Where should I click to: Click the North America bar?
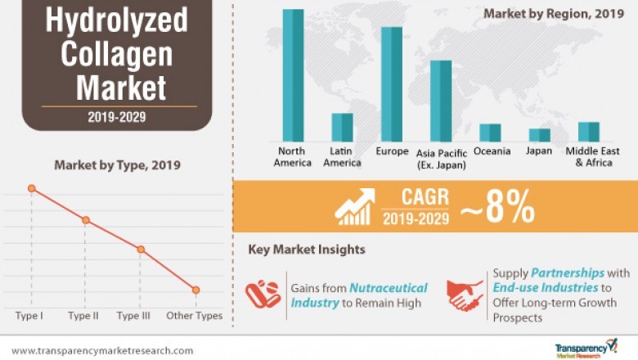[x=294, y=75]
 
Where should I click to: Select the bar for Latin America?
[x=342, y=128]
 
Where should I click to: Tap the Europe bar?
[x=391, y=84]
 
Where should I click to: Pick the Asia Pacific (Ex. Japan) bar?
[x=441, y=101]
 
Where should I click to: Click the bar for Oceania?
[x=490, y=133]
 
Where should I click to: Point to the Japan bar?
[x=540, y=135]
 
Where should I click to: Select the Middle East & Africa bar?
[x=589, y=132]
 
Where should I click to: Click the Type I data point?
[x=32, y=188]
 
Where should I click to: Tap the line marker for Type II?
[x=85, y=220]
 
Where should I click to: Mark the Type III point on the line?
[x=141, y=249]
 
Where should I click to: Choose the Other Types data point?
[x=195, y=290]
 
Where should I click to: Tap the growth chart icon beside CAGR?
[x=355, y=208]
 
